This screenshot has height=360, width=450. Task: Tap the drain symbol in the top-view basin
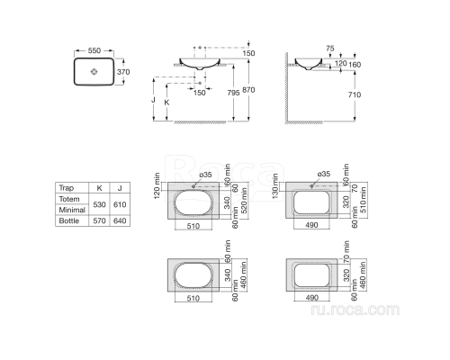click(x=94, y=71)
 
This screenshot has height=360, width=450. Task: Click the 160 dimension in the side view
click(x=355, y=64)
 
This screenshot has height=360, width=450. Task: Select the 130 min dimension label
click(x=274, y=184)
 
